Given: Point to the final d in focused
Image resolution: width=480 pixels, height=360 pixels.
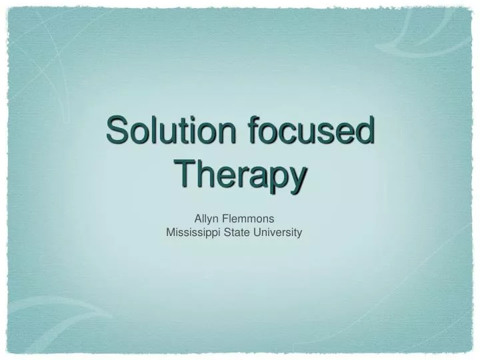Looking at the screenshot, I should [363, 130].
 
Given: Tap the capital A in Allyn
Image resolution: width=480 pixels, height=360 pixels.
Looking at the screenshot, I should [197, 217].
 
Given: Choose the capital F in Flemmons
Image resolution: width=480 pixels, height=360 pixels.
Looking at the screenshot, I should [225, 217].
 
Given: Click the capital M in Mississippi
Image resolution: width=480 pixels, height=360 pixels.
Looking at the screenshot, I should [169, 232].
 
